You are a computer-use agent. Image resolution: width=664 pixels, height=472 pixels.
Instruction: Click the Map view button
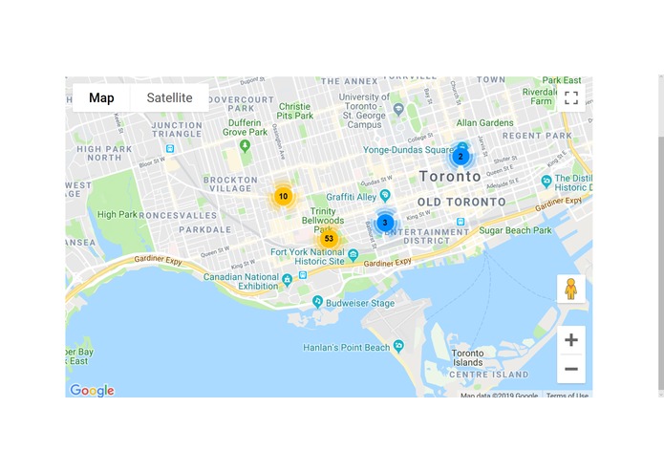point(101,97)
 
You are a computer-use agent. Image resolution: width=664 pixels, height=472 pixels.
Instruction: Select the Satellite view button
point(169,97)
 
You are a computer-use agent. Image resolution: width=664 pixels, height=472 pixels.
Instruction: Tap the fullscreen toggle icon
point(570,97)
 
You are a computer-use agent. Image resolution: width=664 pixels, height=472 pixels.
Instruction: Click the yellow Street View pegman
point(570,289)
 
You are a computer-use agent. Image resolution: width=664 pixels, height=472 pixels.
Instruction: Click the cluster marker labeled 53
point(329,239)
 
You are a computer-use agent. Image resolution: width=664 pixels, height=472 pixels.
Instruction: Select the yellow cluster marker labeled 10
point(283,196)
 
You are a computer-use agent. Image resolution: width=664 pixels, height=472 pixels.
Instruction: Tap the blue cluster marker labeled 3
point(385,223)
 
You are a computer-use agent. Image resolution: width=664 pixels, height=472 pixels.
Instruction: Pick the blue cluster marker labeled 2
point(460,156)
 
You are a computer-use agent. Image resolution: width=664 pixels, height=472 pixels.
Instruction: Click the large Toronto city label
point(450,177)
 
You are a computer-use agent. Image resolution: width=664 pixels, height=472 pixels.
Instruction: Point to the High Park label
point(118,215)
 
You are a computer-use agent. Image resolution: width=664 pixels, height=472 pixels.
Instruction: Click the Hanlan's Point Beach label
point(347,348)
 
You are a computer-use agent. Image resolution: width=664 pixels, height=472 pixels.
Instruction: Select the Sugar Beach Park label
point(515,230)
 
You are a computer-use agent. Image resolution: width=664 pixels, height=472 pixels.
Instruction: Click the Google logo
point(92,390)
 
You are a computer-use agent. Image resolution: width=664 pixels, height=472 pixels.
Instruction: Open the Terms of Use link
point(567,395)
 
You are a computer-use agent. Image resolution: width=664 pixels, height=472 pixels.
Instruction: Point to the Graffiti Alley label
point(353,197)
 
